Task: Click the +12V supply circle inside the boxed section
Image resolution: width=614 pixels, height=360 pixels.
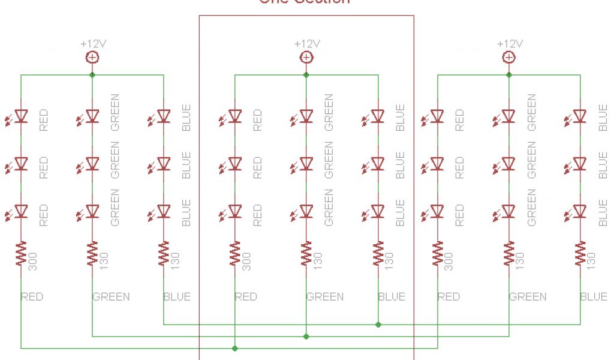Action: (306, 57)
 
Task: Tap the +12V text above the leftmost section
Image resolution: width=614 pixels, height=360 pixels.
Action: (92, 44)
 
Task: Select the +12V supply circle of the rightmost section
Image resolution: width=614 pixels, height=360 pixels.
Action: (508, 57)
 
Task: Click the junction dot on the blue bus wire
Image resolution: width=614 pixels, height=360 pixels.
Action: (378, 325)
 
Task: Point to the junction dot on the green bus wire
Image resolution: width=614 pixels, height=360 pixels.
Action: (306, 336)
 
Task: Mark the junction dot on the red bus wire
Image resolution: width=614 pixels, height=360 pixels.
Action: (234, 348)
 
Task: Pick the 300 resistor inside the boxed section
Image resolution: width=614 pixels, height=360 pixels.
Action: (234, 254)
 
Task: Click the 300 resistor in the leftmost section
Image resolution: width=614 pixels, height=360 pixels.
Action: (21, 254)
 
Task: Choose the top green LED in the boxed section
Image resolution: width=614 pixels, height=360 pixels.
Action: (306, 116)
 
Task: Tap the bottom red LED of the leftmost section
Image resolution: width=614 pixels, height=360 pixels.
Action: (21, 211)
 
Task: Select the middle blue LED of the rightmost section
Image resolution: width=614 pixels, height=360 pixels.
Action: (580, 163)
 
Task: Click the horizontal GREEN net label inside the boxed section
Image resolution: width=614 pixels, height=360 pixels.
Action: (325, 296)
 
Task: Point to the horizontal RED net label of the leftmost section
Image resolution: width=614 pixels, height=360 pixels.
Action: (32, 296)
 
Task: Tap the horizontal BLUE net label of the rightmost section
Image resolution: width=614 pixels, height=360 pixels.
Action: (594, 296)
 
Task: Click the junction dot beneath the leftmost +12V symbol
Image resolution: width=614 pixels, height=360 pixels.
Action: (92, 75)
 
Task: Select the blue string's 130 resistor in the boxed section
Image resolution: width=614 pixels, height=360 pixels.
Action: (378, 254)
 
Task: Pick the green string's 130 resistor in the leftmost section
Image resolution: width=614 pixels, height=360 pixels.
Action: (92, 254)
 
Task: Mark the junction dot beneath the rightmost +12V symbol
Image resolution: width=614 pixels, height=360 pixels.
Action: (508, 75)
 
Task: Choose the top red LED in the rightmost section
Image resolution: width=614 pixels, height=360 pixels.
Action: (437, 116)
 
